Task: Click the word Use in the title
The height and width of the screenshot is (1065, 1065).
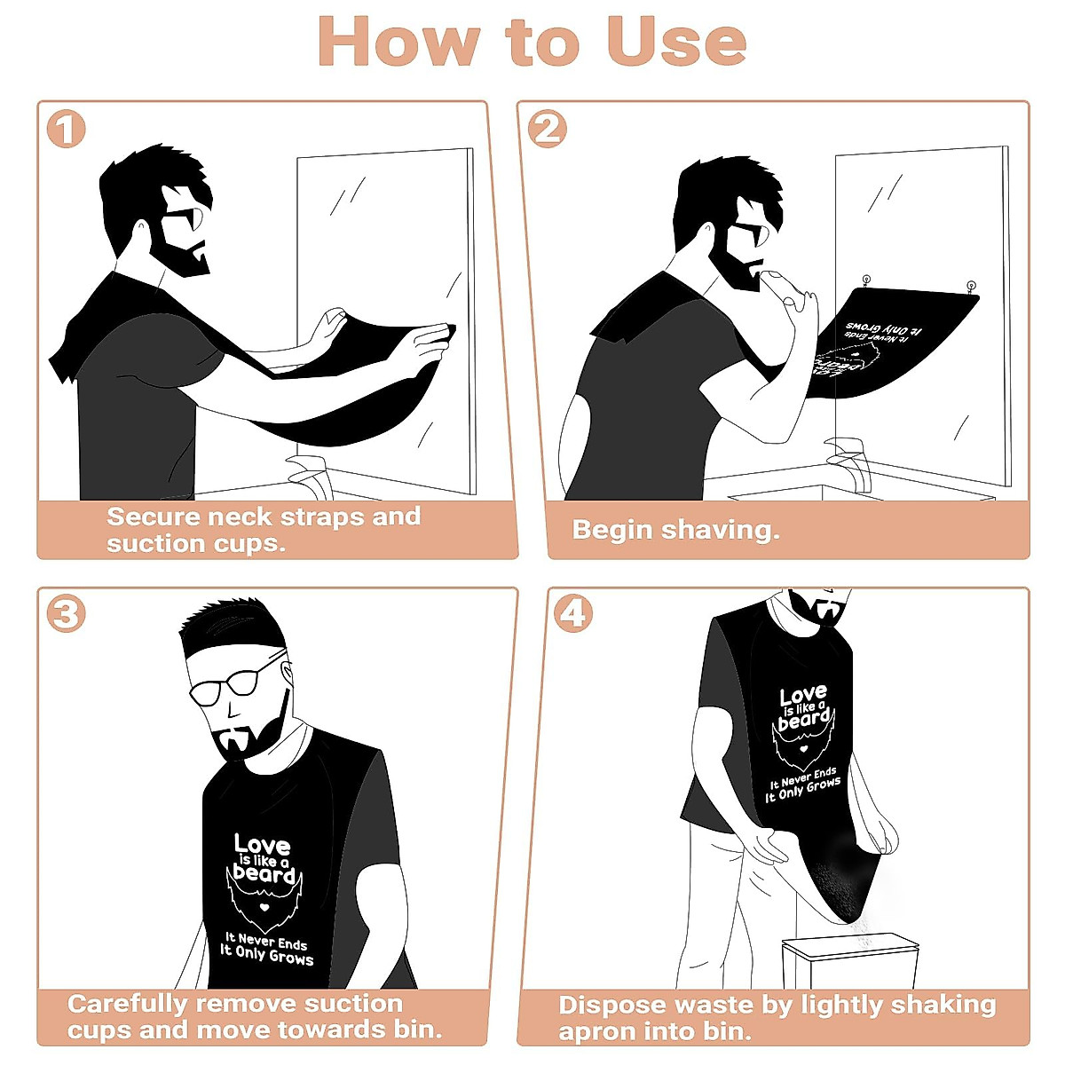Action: (676, 43)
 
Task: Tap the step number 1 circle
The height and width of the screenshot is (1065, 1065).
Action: (66, 130)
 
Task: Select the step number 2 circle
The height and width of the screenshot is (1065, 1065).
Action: (547, 130)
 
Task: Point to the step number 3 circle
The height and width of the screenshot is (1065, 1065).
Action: (66, 614)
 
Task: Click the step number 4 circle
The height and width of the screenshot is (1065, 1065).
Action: (573, 614)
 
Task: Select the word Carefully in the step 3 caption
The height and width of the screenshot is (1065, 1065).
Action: (128, 1004)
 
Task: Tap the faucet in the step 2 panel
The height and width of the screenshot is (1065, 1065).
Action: (849, 457)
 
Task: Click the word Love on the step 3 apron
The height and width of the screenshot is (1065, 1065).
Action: (262, 845)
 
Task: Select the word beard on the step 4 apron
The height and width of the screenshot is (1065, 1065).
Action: (803, 720)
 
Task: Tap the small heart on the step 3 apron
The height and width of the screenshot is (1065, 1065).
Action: (264, 908)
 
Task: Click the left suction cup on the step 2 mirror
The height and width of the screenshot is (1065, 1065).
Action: (866, 282)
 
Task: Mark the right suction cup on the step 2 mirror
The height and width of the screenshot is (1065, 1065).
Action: (971, 287)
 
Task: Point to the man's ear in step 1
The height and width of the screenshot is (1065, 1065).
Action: (141, 230)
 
